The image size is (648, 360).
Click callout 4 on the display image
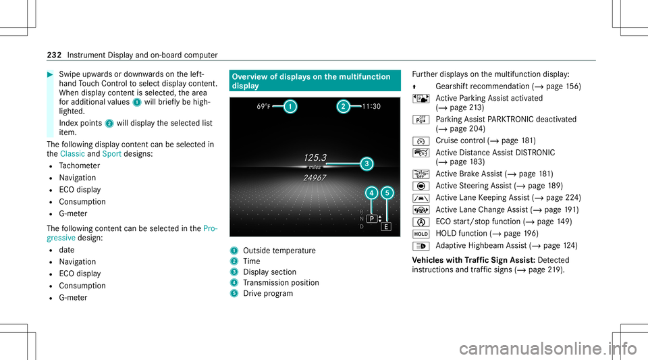372,193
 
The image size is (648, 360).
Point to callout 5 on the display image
387,193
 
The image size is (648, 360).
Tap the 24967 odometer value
315,178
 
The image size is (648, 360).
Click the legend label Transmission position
273,283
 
